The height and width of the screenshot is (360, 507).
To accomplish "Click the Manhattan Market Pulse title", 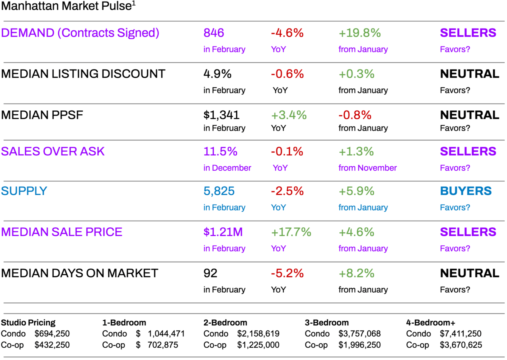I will click(68, 6).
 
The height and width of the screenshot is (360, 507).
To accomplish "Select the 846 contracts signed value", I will click(214, 33).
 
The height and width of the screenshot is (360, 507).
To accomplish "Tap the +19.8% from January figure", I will click(359, 33).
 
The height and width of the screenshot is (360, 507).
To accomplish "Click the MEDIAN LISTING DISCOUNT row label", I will click(83, 74).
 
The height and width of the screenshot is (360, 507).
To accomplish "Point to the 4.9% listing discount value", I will click(217, 74).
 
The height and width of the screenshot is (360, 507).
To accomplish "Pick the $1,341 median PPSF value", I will click(221, 115).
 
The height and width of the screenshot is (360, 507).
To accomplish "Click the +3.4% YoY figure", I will click(289, 115).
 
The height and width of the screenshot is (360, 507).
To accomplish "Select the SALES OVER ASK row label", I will click(53, 152).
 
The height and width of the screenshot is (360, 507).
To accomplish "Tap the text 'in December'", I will click(227, 168).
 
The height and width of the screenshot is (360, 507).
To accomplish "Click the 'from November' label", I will click(367, 168).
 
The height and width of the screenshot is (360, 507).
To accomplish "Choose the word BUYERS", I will click(466, 191).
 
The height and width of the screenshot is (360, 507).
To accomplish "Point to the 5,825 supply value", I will click(219, 191).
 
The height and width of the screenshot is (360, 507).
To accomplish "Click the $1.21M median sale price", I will click(223, 232).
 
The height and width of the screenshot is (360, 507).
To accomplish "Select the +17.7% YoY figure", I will click(291, 232).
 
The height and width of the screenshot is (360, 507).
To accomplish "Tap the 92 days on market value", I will click(210, 273).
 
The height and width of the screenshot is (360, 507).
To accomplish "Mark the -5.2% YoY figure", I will click(287, 273).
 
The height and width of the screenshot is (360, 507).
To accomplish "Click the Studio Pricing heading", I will click(28, 323).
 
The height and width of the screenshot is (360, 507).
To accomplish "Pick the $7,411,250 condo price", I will click(461, 334).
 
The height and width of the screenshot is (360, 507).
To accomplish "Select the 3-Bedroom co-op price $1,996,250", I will click(359, 345).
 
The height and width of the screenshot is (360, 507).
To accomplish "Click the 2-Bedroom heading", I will click(225, 323).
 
